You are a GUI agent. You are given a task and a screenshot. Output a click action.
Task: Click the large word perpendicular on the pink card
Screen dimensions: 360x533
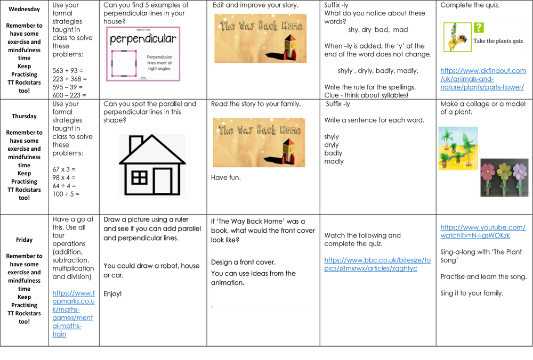pos(142,39)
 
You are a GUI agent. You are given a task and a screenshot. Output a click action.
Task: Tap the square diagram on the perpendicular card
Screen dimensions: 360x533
pos(124,63)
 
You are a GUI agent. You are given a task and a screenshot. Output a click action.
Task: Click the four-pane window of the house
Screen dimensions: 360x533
pos(139,177)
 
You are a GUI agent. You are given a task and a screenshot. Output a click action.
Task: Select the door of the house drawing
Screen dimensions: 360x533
pos(162,181)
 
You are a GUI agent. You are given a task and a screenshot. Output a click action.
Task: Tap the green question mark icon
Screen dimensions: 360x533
pos(479,28)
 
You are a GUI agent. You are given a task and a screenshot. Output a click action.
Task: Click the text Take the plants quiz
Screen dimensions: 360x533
pos(498,41)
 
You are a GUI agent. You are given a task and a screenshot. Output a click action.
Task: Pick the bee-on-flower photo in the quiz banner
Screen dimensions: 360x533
pos(458,37)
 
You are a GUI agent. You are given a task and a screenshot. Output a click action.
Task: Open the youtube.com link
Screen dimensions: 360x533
pos(482,232)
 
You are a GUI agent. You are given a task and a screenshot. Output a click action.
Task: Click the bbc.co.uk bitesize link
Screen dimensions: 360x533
pos(378,264)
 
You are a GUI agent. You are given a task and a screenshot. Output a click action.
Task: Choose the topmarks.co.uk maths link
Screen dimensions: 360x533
pos(74,314)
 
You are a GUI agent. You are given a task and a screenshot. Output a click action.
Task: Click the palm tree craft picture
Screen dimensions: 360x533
pos(458,149)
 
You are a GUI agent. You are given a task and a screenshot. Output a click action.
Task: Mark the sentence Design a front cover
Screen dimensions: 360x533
pos(243,262)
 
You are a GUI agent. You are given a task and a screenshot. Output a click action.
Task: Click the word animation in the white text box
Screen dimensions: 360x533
pos(228,283)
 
